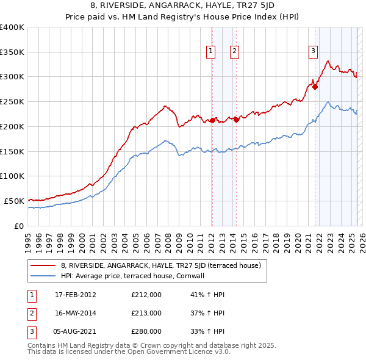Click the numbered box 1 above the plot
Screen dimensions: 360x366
coord(210,52)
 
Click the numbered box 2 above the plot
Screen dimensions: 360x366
coord(234,52)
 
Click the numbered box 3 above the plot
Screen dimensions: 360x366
coord(313,52)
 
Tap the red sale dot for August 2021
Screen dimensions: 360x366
coord(315,87)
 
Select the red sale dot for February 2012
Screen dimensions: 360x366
coord(212,120)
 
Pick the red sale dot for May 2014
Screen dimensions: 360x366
coord(236,120)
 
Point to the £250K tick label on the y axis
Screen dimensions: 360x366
coord(12,101)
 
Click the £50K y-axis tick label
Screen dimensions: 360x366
coord(14,201)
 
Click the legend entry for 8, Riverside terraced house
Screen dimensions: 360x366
coord(160,265)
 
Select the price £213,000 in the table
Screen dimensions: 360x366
coord(146,313)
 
